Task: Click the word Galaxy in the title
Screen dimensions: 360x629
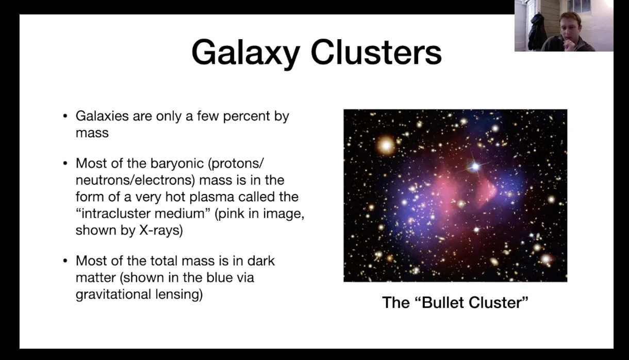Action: (x=245, y=53)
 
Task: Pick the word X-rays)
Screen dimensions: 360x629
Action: (x=161, y=230)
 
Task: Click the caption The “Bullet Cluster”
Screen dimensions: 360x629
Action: (x=455, y=302)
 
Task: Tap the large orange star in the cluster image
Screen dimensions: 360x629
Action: (x=386, y=145)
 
